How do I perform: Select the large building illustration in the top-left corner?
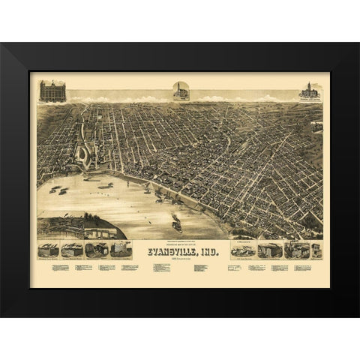(52, 91)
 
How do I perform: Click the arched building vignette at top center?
(181, 91)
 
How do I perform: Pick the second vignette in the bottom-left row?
(73, 250)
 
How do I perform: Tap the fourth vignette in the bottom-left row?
(120, 250)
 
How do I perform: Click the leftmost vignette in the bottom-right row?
(243, 250)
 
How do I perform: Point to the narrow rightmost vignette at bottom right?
(316, 250)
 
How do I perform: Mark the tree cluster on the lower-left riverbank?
(94, 221)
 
